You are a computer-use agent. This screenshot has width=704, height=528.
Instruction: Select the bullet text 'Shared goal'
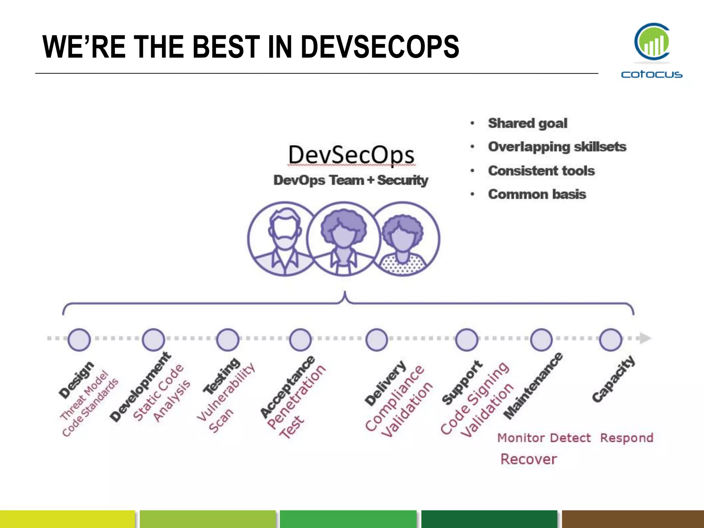527,123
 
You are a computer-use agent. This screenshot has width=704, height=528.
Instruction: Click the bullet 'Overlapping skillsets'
557,147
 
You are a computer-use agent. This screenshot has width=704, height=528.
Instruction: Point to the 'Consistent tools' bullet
541,170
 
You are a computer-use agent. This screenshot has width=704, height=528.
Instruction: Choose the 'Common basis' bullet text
537,194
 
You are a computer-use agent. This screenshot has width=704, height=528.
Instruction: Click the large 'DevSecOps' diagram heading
351,155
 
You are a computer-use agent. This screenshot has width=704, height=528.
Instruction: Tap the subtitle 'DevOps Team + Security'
351,180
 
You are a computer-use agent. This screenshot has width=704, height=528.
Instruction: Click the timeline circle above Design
79,340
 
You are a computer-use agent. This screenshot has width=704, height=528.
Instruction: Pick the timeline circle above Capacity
610,340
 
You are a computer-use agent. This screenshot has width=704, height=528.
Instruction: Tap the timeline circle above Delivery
377,340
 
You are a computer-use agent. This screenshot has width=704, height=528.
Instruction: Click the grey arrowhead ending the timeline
645,338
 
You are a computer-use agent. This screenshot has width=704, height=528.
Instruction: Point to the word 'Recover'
528,459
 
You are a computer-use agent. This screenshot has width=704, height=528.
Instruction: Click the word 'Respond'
627,438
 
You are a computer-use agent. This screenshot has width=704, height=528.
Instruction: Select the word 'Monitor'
521,438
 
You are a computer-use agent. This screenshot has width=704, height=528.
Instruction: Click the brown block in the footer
633,519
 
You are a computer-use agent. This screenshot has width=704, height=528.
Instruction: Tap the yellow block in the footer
67,519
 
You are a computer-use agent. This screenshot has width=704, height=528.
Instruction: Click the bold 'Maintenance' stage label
533,386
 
